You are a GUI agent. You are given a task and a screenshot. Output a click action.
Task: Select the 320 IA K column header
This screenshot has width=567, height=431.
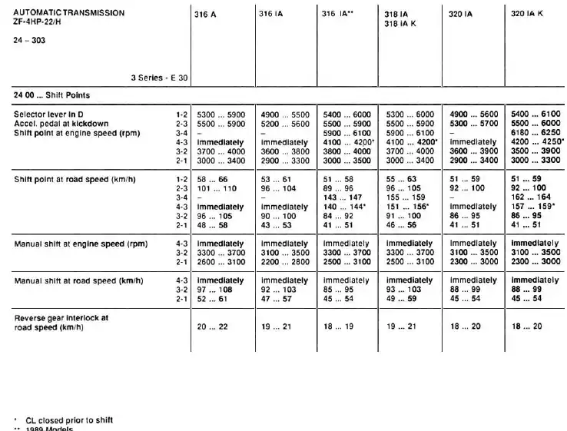click(x=528, y=14)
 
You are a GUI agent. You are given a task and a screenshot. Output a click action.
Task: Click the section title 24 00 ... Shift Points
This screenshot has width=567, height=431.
click(x=51, y=95)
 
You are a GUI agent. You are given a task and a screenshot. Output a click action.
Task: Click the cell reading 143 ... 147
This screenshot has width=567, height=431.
click(x=345, y=197)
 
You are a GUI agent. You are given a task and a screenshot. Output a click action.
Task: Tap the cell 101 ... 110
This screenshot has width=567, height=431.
click(x=219, y=187)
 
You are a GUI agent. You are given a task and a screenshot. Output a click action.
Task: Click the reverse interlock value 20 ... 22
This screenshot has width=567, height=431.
click(x=213, y=327)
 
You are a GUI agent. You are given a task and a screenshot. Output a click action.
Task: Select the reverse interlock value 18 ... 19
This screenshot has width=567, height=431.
click(x=338, y=327)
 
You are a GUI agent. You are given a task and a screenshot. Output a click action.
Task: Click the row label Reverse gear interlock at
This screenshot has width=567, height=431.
click(x=61, y=317)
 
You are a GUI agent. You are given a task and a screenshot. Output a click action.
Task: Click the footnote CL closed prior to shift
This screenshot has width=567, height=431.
click(x=69, y=419)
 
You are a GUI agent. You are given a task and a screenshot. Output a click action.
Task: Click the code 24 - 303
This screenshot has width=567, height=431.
click(x=29, y=40)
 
